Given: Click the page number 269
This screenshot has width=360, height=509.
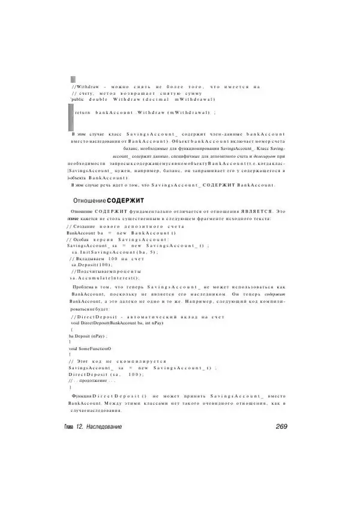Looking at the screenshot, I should point(280,426).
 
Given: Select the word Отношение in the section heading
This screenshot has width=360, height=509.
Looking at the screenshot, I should point(90,199).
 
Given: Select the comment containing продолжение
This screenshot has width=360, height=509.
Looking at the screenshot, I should point(93,381).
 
